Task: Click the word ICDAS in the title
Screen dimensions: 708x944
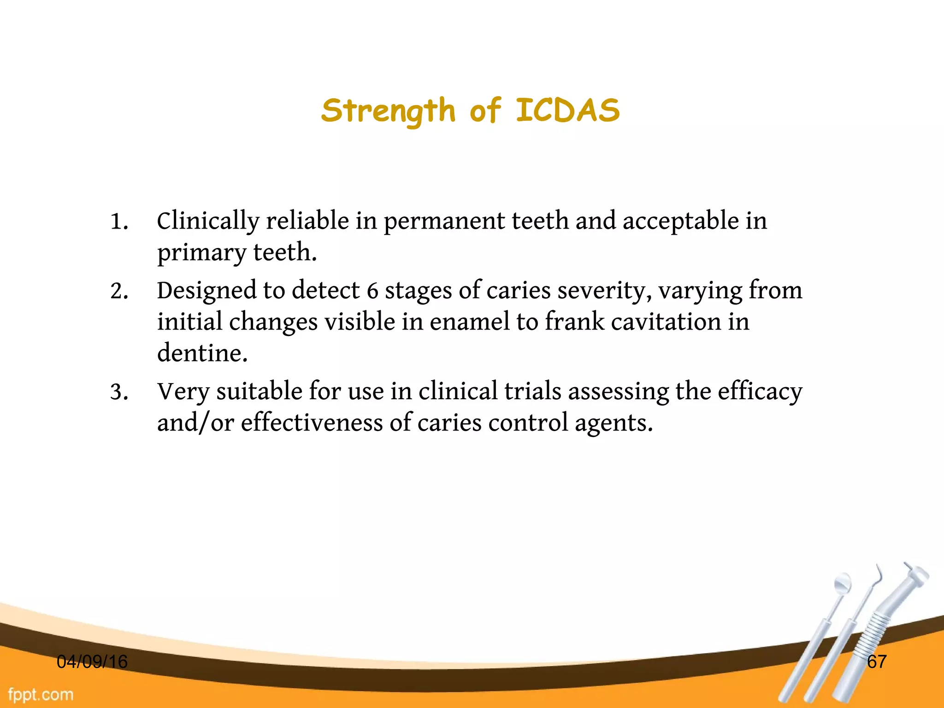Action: point(567,111)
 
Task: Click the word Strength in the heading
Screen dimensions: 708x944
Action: point(388,112)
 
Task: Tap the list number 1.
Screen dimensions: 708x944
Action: point(118,222)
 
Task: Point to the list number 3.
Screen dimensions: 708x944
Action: point(118,392)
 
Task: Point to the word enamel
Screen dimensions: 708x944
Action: point(470,322)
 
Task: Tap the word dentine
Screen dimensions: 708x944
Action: point(202,354)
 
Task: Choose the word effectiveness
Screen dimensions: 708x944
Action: point(312,423)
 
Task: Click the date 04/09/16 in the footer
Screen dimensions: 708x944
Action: point(92,662)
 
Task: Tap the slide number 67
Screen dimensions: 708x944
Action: point(876,662)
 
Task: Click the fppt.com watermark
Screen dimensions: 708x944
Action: point(41,695)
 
